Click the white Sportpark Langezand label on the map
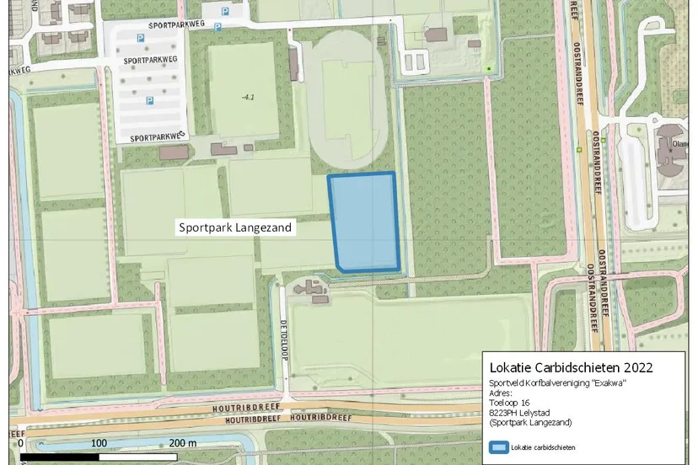[234, 227]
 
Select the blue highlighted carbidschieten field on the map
[363, 223]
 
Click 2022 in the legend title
[635, 368]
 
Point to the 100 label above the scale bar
[99, 443]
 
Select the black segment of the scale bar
[60, 457]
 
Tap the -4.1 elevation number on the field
[248, 98]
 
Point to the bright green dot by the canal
[488, 68]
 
